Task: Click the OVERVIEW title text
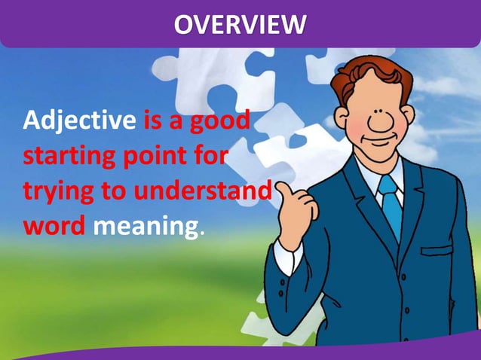240,24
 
